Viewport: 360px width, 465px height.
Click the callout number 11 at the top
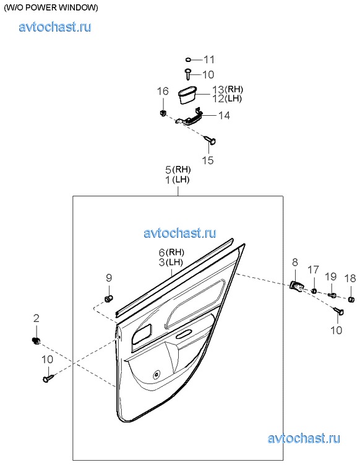(x=209, y=59)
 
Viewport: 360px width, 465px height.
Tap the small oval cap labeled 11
(x=188, y=60)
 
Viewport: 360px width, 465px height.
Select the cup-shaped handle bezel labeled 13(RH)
(x=187, y=94)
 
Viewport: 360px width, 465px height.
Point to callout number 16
(x=163, y=91)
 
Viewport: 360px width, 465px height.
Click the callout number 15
(x=207, y=160)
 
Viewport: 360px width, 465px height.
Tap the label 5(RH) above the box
(x=178, y=170)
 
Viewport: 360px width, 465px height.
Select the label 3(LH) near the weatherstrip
(x=171, y=262)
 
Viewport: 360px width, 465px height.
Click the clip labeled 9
(x=109, y=298)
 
